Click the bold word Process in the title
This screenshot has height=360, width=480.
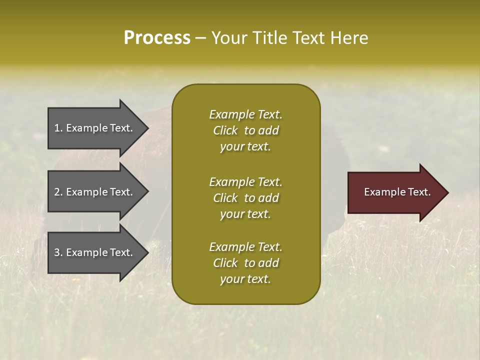pos(157,38)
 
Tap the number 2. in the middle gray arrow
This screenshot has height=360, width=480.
pos(58,192)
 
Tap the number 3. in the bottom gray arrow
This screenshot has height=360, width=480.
pos(58,252)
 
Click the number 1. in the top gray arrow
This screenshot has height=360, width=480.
pos(58,128)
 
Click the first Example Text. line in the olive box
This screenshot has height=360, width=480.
pos(245,114)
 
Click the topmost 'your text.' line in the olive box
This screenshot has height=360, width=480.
pos(245,147)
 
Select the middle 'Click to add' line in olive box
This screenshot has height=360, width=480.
pos(245,198)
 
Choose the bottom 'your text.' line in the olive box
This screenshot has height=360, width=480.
pos(245,279)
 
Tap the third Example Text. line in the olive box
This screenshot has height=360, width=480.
pos(245,247)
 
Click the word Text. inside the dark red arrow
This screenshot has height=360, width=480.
pos(419,192)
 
